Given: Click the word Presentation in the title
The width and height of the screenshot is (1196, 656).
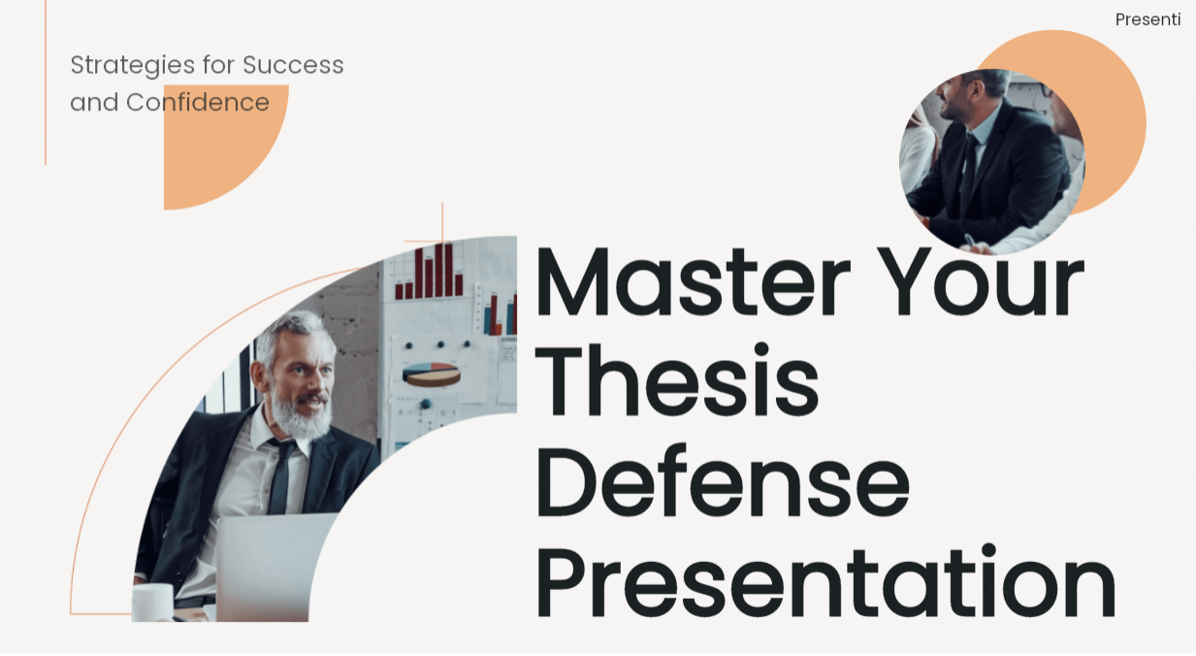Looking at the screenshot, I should click(x=824, y=583).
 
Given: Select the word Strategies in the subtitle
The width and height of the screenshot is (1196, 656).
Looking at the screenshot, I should click(x=132, y=65).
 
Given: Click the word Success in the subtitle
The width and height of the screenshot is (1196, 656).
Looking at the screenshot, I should click(x=293, y=65).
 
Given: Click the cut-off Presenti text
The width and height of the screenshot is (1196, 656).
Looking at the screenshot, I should click(x=1148, y=19).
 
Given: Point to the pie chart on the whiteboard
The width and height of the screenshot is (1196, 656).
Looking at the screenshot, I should click(x=432, y=375).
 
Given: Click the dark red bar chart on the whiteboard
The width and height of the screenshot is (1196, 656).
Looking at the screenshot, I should click(x=431, y=272).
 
